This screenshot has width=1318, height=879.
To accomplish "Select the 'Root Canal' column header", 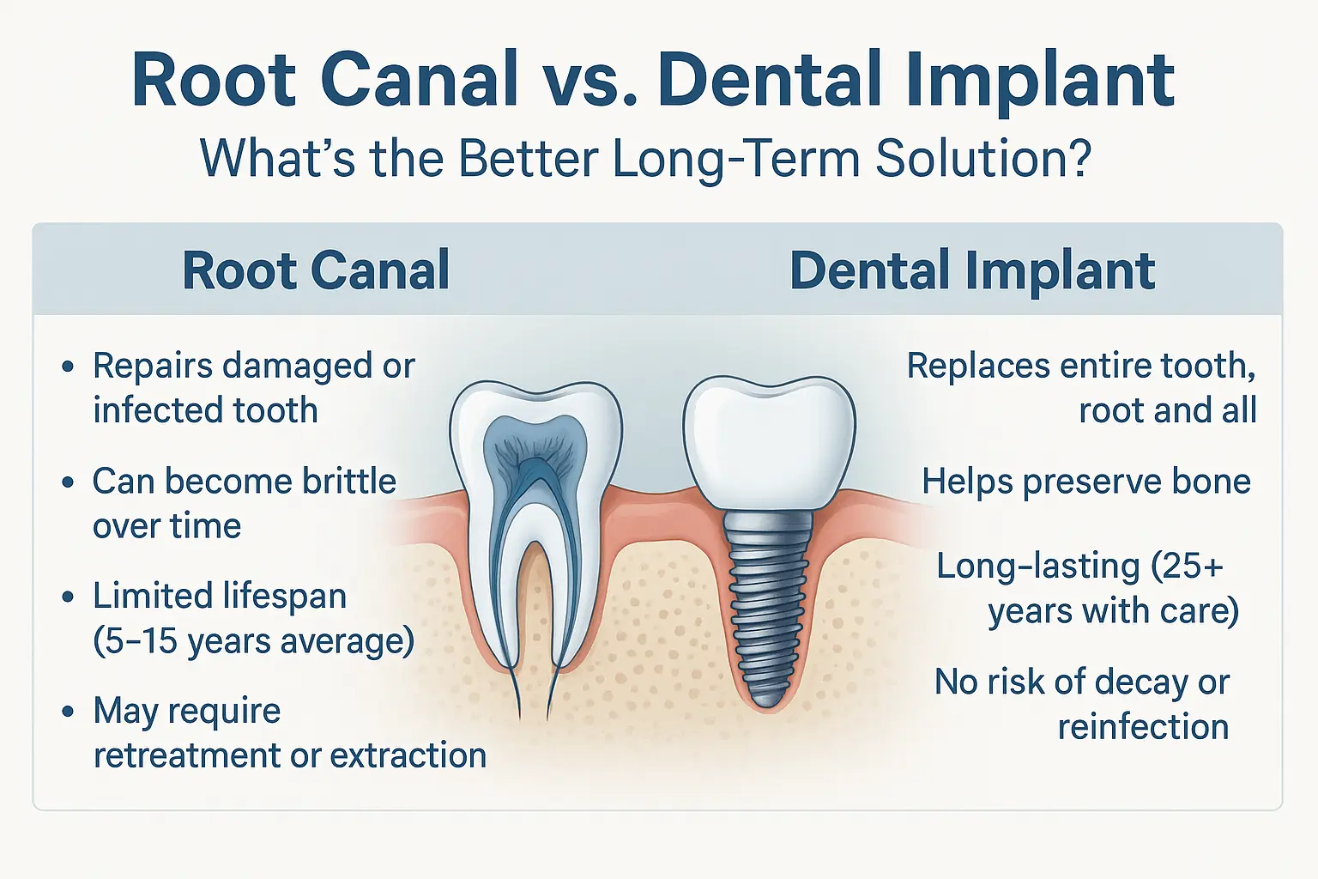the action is [317, 270].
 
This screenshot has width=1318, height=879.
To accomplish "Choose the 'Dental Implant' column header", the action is [972, 270].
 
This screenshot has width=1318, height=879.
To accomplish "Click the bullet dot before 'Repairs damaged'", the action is [68, 367].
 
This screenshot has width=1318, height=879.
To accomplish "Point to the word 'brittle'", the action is [349, 481].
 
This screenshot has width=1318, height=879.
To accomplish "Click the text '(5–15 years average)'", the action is [254, 640].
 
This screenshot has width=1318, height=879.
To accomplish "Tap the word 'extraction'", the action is [408, 755].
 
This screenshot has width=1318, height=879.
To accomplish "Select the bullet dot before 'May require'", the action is [68, 712].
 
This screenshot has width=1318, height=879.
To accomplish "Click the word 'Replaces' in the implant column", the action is [978, 367].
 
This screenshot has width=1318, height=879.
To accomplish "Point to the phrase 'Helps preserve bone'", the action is [1086, 482].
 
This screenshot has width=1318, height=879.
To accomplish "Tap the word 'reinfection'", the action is [1143, 726].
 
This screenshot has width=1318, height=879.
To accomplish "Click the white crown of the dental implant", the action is [769, 441].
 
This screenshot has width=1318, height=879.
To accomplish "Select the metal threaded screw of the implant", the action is [768, 606].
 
